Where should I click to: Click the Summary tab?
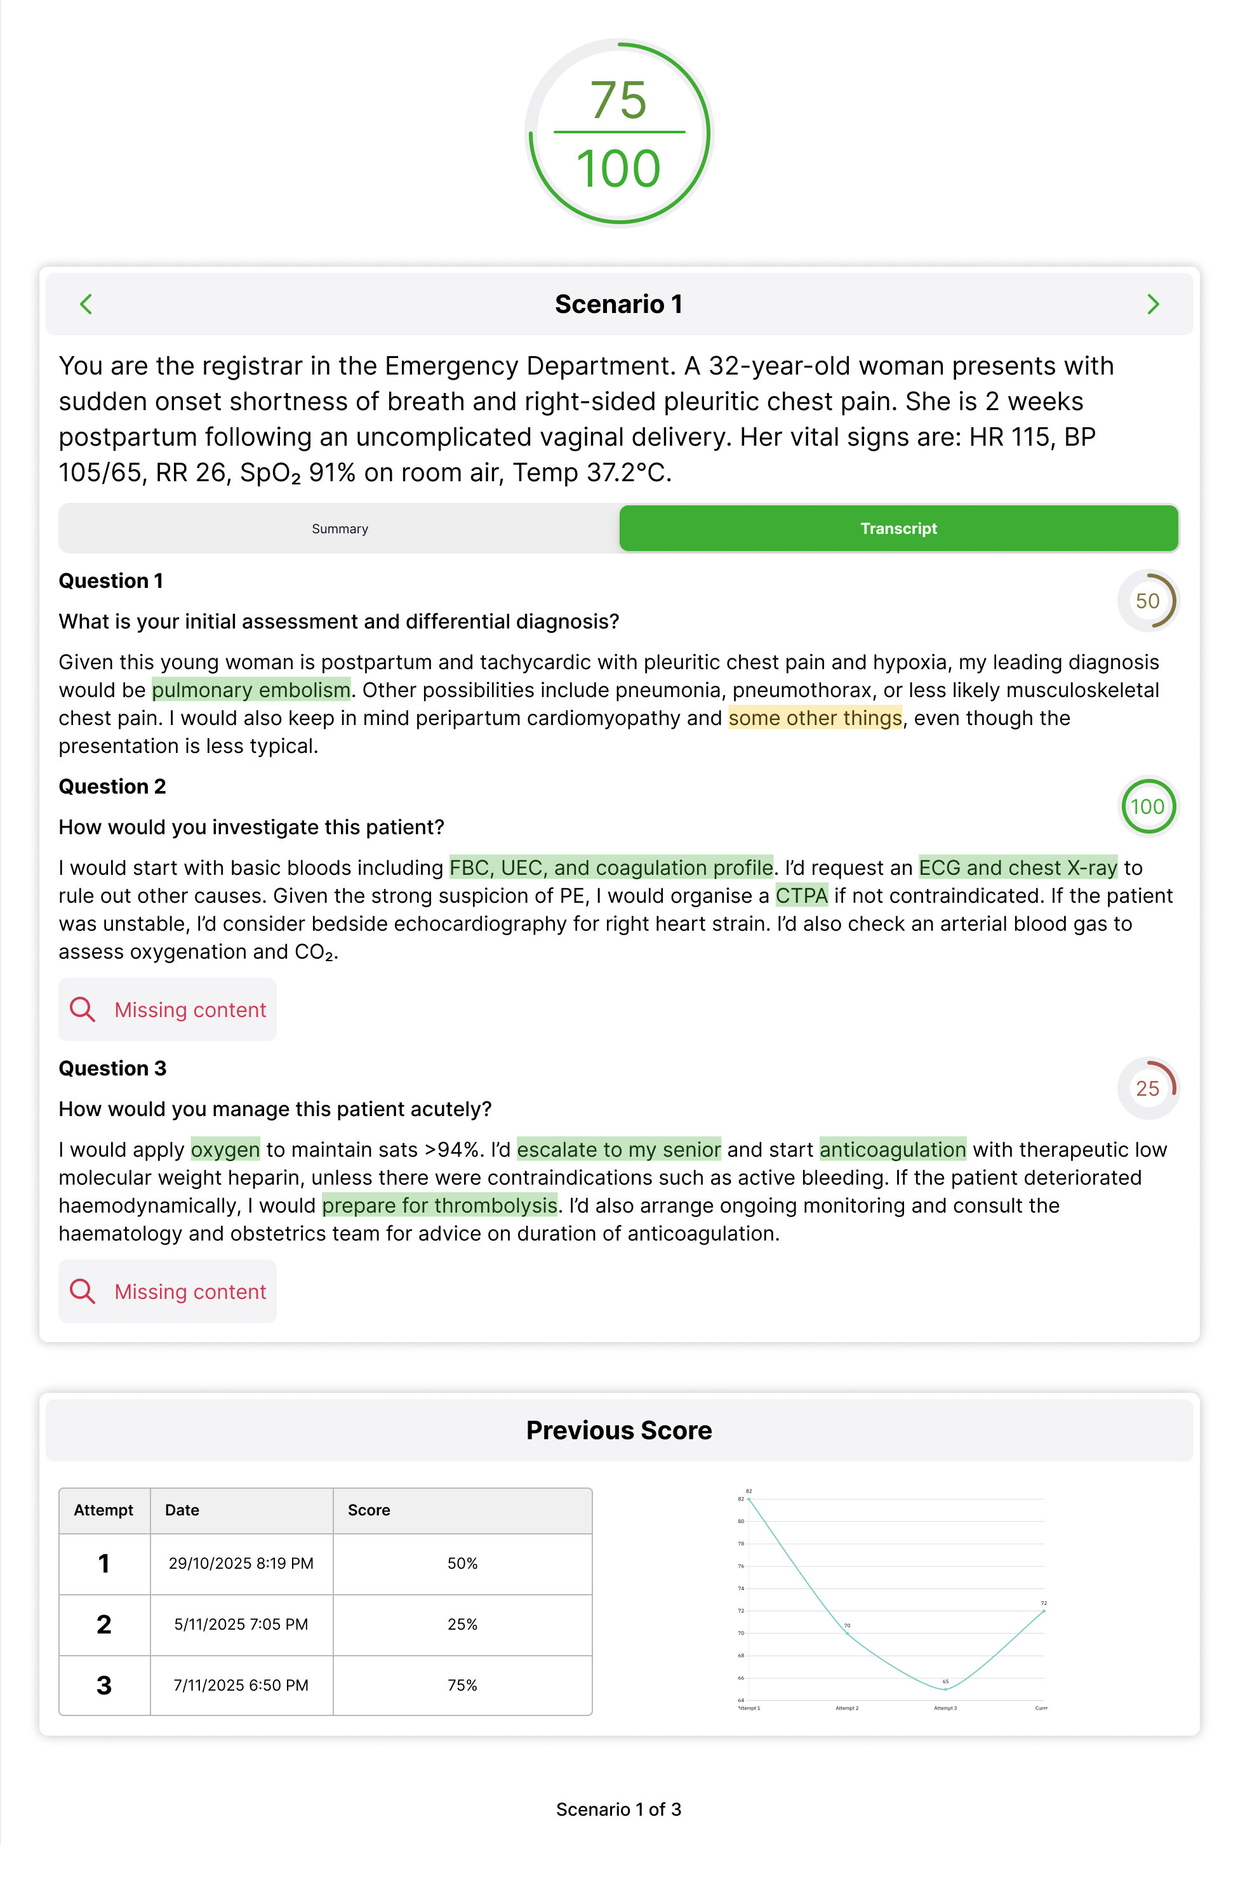(340, 528)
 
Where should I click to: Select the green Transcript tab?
(898, 528)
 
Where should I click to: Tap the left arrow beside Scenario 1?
(86, 304)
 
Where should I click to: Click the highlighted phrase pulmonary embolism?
(251, 690)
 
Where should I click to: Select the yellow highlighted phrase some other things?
(814, 717)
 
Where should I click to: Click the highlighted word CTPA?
(801, 896)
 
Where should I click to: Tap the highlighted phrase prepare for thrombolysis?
(439, 1205)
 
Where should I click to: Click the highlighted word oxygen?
(225, 1149)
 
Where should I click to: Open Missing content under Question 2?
(168, 1009)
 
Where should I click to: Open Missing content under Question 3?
(168, 1291)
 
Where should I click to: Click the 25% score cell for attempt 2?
(462, 1624)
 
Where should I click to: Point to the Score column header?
(369, 1510)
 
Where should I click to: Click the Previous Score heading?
(618, 1430)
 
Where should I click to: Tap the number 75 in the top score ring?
(618, 100)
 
